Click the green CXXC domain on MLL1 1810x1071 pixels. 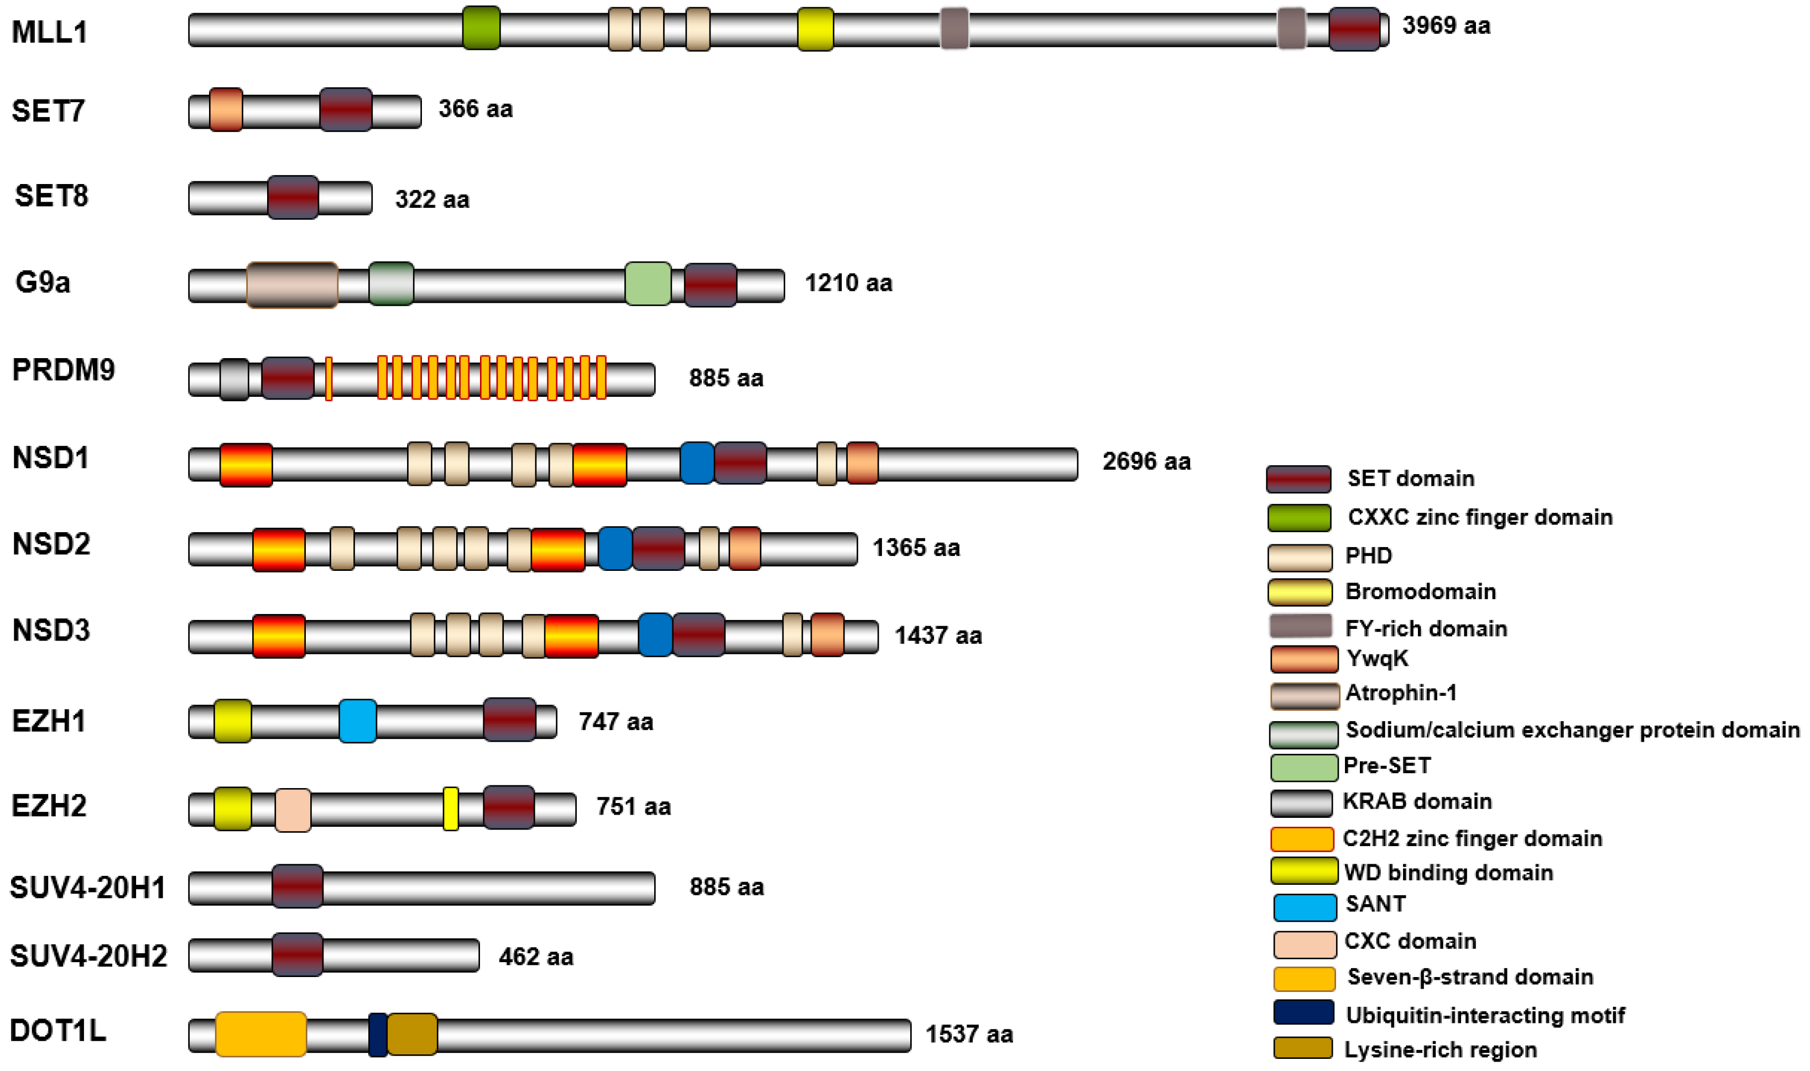[481, 28]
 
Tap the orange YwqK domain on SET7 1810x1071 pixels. [226, 110]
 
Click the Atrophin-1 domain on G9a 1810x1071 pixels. [291, 285]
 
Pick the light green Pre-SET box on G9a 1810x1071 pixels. [648, 285]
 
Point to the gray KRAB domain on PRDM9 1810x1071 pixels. [234, 379]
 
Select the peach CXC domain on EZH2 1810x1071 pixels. [293, 810]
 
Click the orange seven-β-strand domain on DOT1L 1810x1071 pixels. [260, 1034]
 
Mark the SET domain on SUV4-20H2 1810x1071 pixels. [297, 955]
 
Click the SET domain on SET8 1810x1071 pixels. [293, 197]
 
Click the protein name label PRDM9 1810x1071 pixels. [64, 370]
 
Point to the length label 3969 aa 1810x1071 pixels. [1446, 26]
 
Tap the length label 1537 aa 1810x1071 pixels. [969, 1034]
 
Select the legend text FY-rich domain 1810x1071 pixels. [1425, 628]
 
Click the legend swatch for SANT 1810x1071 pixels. [1304, 908]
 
